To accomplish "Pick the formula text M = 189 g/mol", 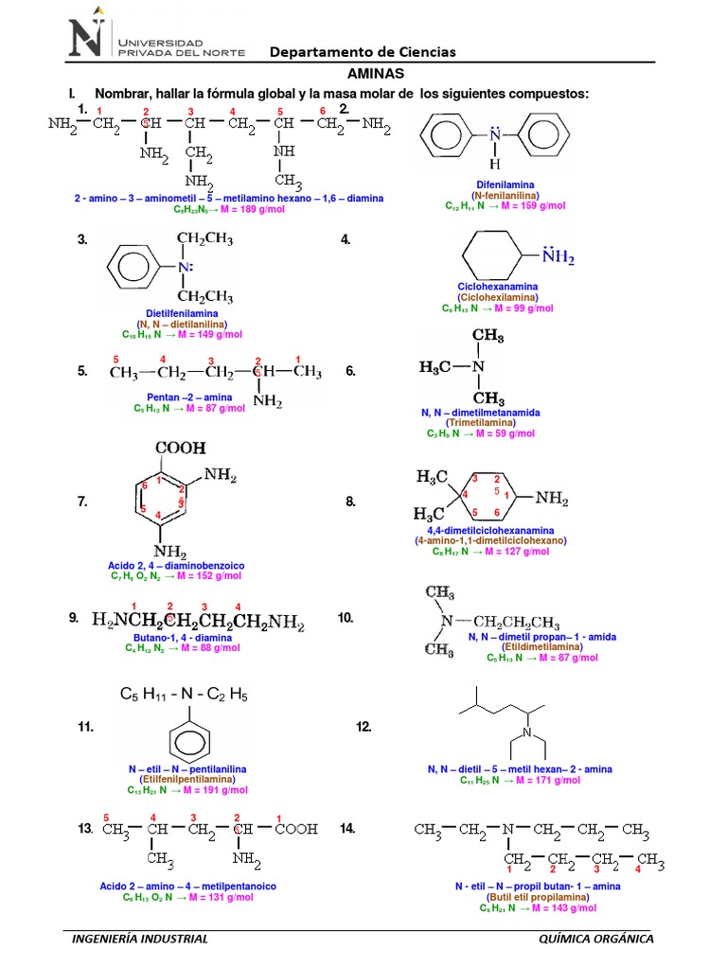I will pyautogui.click(x=213, y=210).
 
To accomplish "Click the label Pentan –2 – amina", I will pyautogui.click(x=189, y=397).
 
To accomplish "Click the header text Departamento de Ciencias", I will pyautogui.click(x=363, y=52).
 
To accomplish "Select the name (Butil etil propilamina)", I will pyautogui.click(x=523, y=896).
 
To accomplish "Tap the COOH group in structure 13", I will pyautogui.click(x=296, y=830).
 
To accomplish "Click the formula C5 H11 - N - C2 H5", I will pyautogui.click(x=184, y=695).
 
